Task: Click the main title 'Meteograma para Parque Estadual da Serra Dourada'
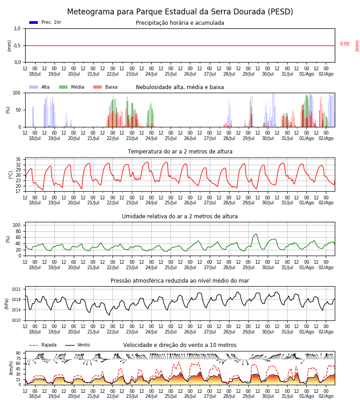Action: [x=180, y=12]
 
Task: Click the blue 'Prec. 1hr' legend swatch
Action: [x=34, y=22]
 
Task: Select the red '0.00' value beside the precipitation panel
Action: [x=345, y=44]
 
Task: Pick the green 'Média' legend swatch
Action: [x=63, y=87]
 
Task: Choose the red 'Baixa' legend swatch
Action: [x=97, y=87]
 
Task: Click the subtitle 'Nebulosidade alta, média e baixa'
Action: [x=180, y=87]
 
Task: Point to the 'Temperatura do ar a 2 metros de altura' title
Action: [x=180, y=152]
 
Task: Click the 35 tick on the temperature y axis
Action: [x=18, y=159]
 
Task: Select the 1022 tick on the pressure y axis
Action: [x=16, y=289]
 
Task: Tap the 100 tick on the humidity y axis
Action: [x=17, y=225]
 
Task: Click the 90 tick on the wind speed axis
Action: [x=18, y=353]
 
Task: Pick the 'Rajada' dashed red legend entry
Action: [x=43, y=345]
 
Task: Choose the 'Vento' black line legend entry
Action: [x=77, y=345]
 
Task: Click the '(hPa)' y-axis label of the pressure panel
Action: [x=7, y=304]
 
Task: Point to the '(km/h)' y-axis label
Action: [x=11, y=368]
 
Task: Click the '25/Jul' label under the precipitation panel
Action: [x=171, y=74]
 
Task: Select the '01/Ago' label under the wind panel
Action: [x=306, y=396]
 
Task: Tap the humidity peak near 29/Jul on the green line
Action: [x=256, y=234]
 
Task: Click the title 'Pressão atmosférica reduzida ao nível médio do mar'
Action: [x=180, y=281]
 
